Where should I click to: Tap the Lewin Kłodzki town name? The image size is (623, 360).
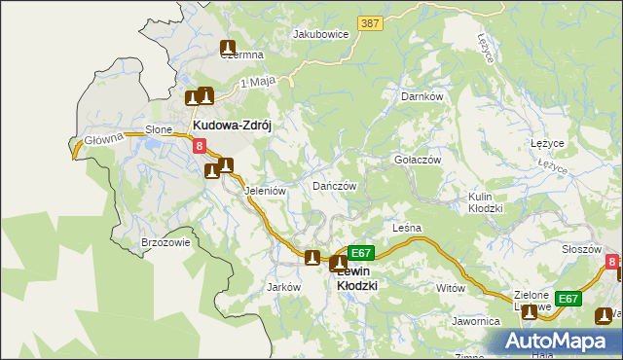348,278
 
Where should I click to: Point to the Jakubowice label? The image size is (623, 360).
320,33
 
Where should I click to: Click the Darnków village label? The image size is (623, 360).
421,96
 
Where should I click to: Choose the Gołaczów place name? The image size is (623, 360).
417,160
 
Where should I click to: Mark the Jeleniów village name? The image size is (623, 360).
265,191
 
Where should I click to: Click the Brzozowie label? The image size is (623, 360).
165,242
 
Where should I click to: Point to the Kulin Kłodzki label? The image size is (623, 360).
484,202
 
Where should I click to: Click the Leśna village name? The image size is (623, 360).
406,228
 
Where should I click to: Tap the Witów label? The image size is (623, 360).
451,288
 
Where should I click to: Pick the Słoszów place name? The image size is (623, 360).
581,249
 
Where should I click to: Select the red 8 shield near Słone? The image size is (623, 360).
199,147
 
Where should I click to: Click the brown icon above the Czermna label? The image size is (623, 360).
228,46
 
